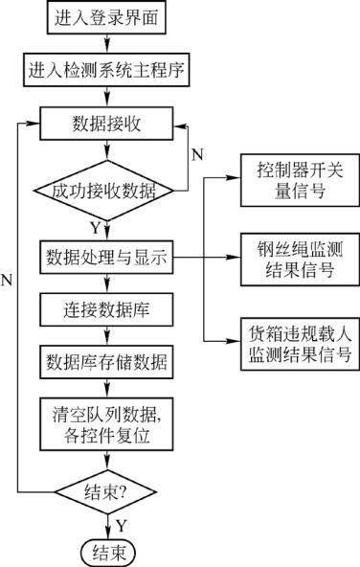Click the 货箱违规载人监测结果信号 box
click(x=294, y=345)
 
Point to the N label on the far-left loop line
click(x=8, y=279)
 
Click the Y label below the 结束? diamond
click(x=122, y=524)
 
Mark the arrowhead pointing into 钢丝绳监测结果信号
click(x=233, y=258)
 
